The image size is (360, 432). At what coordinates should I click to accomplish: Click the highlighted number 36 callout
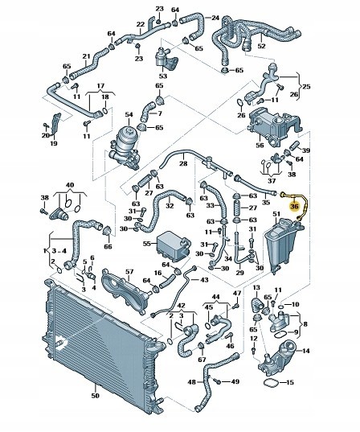(x=294, y=206)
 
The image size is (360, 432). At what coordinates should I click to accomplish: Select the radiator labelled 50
(x=102, y=344)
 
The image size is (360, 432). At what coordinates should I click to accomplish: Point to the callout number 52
(x=261, y=46)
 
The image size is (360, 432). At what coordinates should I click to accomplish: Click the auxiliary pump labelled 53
(x=166, y=58)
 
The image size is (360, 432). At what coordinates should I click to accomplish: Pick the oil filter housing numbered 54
(x=125, y=149)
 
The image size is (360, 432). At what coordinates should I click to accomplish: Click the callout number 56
(x=260, y=145)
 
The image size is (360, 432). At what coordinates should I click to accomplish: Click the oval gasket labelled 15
(x=272, y=383)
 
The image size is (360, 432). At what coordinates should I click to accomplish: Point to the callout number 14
(x=306, y=351)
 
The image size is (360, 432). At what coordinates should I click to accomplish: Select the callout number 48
(x=191, y=382)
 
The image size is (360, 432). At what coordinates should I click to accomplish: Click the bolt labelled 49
(x=218, y=381)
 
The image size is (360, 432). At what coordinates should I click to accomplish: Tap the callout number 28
(x=183, y=163)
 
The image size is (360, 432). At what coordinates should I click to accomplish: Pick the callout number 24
(x=215, y=18)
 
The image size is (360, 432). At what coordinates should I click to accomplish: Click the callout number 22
(x=141, y=24)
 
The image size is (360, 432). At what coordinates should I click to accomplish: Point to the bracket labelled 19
(x=56, y=124)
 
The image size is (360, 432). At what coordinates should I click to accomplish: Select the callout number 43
(x=204, y=280)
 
